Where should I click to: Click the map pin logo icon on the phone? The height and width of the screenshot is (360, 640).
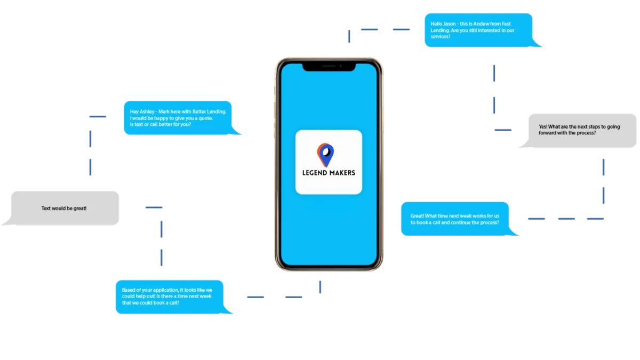[326, 154]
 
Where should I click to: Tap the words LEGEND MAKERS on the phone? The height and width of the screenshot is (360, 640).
[329, 173]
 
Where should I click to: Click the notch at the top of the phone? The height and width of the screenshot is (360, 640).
[329, 67]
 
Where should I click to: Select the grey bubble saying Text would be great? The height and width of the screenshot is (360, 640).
[64, 208]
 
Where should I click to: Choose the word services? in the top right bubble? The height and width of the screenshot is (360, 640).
[441, 37]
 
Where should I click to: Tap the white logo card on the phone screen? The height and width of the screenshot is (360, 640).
[329, 162]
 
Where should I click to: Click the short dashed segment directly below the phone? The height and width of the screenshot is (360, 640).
[320, 286]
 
